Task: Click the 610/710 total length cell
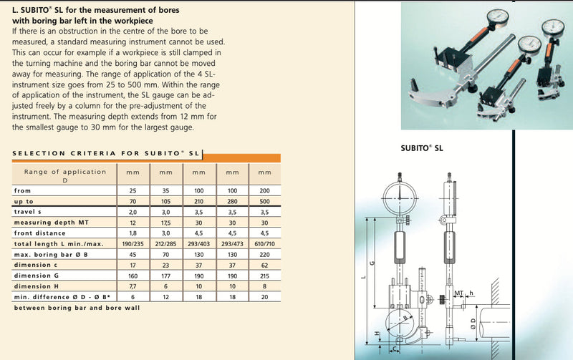tap(264, 244)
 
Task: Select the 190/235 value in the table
tap(133, 244)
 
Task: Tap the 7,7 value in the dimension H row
tap(133, 286)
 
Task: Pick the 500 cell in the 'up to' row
tap(264, 202)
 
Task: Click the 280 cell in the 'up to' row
tap(232, 202)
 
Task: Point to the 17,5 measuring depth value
tap(166, 223)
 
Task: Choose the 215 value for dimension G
tap(264, 276)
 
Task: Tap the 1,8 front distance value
tap(133, 233)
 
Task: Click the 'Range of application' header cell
tap(65, 175)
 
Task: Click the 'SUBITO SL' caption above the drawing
tap(422, 149)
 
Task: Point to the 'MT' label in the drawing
tap(460, 293)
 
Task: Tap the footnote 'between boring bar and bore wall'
tap(77, 307)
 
